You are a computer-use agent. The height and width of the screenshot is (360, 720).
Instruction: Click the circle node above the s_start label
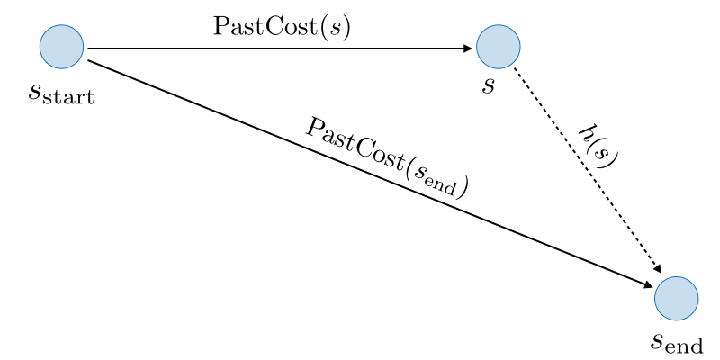[x=61, y=47]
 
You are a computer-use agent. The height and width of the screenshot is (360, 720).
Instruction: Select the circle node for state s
[x=498, y=47]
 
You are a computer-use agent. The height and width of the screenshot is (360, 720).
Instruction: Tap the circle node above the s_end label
[x=676, y=298]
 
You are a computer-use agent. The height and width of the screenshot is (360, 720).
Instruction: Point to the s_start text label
[x=61, y=93]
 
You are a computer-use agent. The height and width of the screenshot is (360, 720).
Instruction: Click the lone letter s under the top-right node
[x=488, y=87]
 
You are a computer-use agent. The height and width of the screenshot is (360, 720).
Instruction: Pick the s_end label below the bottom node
[x=677, y=342]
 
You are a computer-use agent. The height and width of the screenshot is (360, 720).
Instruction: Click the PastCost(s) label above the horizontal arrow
[x=282, y=27]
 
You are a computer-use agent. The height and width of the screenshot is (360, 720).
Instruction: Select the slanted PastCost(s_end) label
[x=387, y=157]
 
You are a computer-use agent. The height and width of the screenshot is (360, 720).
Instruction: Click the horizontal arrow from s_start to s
[x=270, y=48]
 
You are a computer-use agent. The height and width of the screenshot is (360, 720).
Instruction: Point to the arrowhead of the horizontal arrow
[x=468, y=48]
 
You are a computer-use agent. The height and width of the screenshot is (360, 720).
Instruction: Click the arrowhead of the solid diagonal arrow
[x=649, y=285]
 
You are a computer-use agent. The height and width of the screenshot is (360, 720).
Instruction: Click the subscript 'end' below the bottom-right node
[x=686, y=346]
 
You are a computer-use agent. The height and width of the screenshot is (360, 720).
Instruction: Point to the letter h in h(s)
[x=587, y=132]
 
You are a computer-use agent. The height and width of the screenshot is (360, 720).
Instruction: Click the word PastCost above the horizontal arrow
[x=261, y=27]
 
